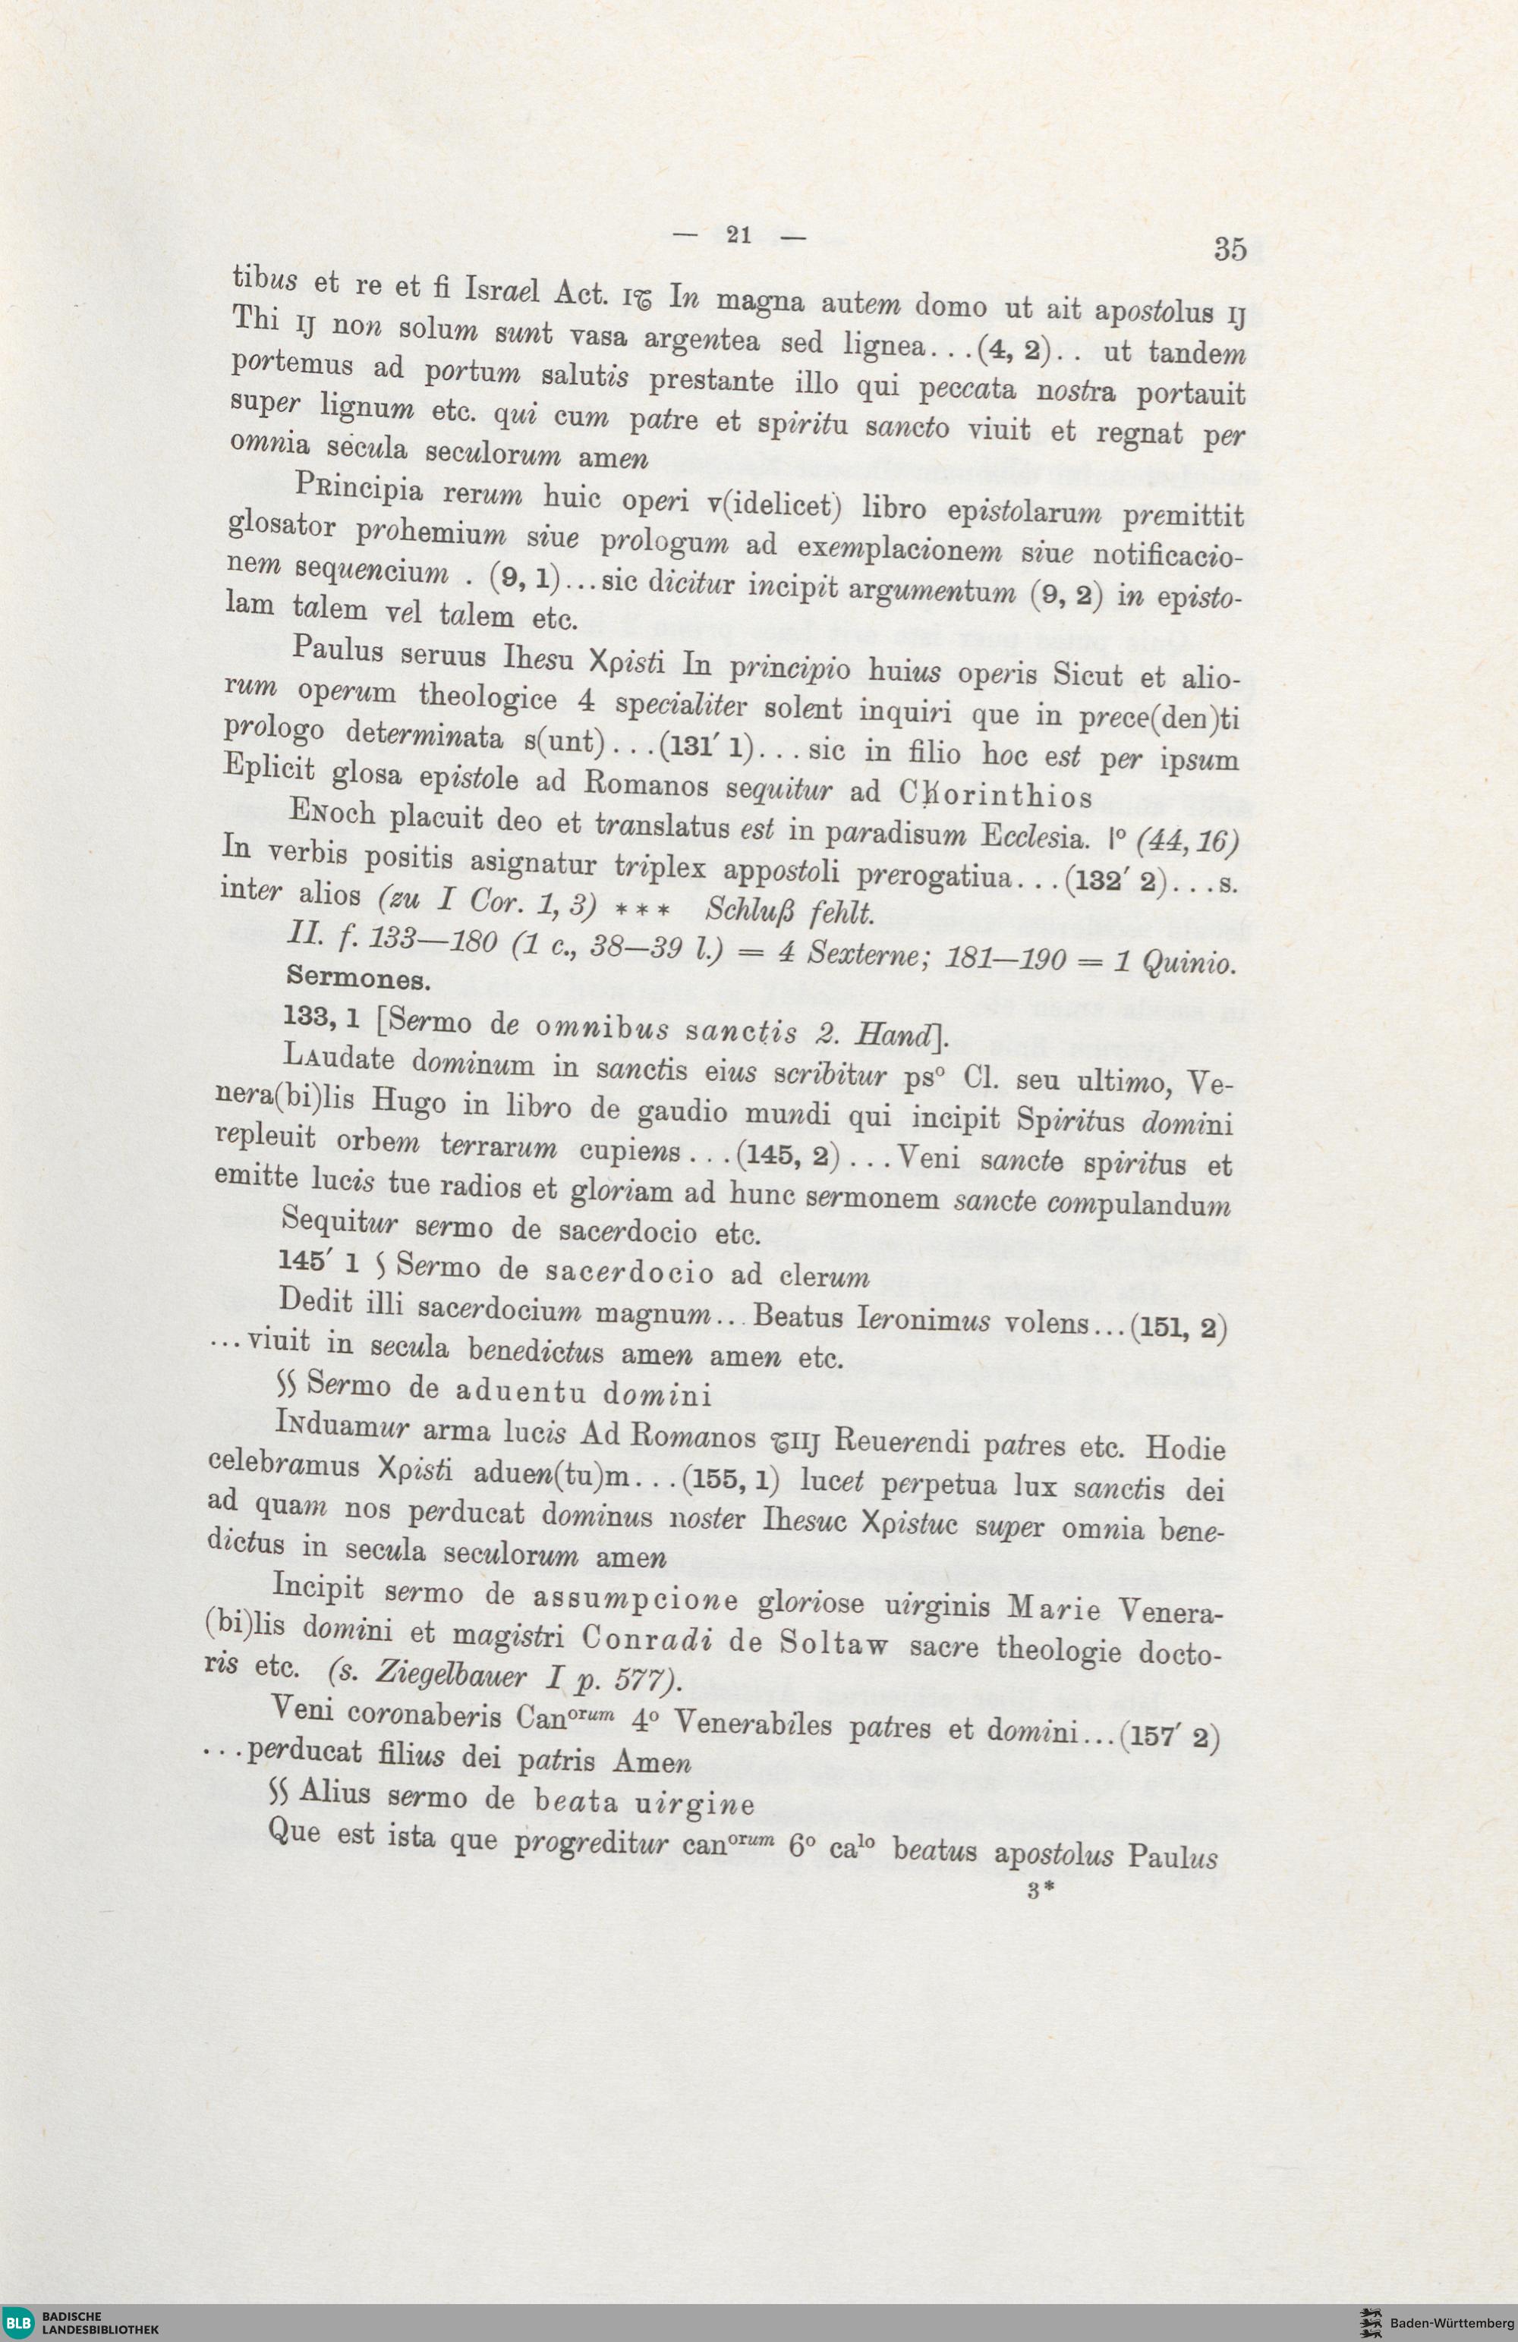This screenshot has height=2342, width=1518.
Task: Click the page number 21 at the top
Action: click(737, 235)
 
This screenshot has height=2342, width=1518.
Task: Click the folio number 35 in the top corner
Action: click(1230, 249)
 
